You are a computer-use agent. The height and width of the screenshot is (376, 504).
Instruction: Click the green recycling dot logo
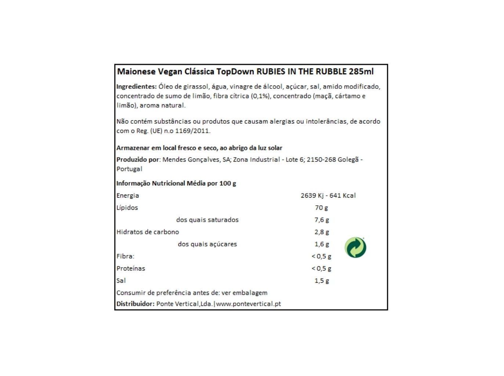pyautogui.click(x=355, y=247)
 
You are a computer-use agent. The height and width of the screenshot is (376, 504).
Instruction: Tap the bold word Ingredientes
pyautogui.click(x=136, y=87)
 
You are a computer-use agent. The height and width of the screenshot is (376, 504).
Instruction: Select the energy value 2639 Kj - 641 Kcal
pyautogui.click(x=328, y=195)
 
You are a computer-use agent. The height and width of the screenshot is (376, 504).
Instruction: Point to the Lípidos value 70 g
pyautogui.click(x=321, y=207)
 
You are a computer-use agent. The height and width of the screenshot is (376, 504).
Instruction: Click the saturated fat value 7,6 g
pyautogui.click(x=321, y=220)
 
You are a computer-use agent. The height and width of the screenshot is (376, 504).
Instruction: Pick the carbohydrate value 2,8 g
pyautogui.click(x=321, y=232)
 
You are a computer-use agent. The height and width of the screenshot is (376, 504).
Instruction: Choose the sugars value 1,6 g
pyautogui.click(x=321, y=244)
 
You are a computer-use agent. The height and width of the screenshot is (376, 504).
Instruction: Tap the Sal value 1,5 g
pyautogui.click(x=321, y=281)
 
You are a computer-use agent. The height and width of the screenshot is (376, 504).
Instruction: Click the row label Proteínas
pyautogui.click(x=131, y=268)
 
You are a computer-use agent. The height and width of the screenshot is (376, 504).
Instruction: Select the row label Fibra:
pyautogui.click(x=125, y=256)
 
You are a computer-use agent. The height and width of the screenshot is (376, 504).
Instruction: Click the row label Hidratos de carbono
pyautogui.click(x=148, y=232)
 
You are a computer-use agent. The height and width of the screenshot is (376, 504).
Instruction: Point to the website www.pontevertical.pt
pyautogui.click(x=249, y=304)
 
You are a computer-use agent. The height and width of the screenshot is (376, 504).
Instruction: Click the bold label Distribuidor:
pyautogui.click(x=135, y=304)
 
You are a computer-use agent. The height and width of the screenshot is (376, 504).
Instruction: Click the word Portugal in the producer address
pyautogui.click(x=129, y=169)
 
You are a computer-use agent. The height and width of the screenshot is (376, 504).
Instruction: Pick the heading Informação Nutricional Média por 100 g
pyautogui.click(x=176, y=183)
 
